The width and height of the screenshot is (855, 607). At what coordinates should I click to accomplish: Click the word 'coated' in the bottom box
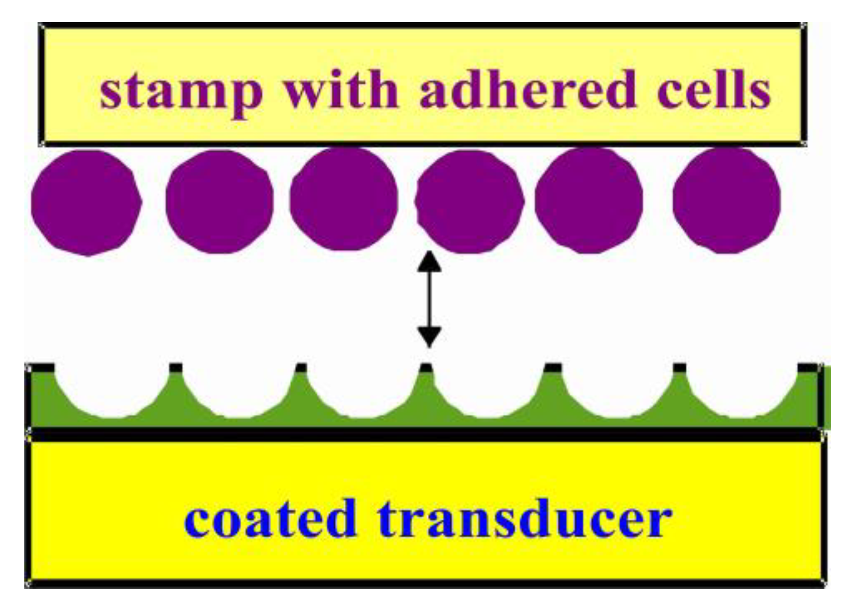pos(271,518)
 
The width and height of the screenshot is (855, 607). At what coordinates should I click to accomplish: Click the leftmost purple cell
pos(86,202)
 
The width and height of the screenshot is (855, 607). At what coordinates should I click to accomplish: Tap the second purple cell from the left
pos(219,201)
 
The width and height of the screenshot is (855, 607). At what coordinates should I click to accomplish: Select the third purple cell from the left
pos(344,199)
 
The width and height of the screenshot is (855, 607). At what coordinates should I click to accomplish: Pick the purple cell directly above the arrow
pos(469,201)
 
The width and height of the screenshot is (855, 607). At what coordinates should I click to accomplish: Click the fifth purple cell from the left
pos(589,200)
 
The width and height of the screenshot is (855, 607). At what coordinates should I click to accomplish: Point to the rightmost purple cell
pos(726,200)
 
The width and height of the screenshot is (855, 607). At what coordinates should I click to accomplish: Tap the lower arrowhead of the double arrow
pos(429,337)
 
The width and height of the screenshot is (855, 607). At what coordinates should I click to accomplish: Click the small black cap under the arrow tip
pos(426,367)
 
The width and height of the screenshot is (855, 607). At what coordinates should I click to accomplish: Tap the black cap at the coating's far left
pos(40,367)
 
